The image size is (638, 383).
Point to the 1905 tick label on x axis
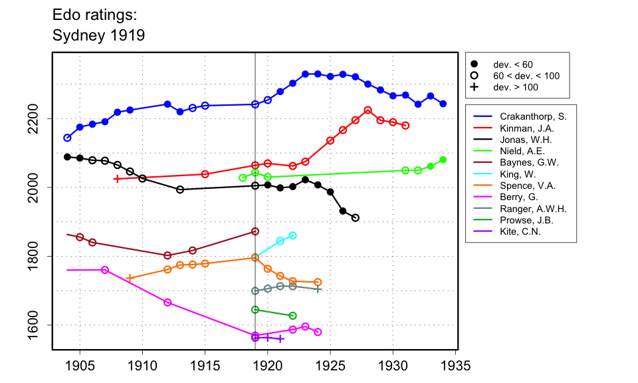[x=80, y=366]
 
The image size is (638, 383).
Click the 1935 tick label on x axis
[x=455, y=366]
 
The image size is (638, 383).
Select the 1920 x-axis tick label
[x=268, y=366]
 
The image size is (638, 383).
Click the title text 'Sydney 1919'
[x=98, y=35]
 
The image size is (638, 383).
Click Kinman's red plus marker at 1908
[x=117, y=179]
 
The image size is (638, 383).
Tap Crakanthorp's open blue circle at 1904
[x=67, y=138]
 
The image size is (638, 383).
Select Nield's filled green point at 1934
[x=443, y=160]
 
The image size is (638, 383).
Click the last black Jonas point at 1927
[x=356, y=217]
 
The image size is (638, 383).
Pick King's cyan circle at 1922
[x=293, y=235]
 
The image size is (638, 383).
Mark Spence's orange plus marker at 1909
[x=130, y=278]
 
